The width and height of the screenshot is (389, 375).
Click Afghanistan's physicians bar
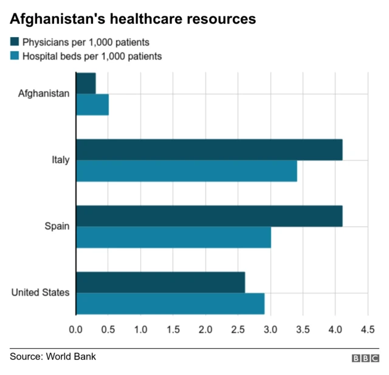click(86, 83)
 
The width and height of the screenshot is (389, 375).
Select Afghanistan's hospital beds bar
click(92, 105)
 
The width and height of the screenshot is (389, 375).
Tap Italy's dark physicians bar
click(209, 149)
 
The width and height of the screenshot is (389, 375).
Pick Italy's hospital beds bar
click(187, 171)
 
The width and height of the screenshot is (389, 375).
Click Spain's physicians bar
click(209, 216)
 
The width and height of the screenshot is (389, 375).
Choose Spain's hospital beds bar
click(173, 237)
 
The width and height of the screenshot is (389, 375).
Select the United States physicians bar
click(160, 282)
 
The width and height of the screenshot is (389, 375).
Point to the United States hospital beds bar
click(170, 304)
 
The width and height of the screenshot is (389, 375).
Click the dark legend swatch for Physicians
click(15, 42)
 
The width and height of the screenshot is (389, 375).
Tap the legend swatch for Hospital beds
click(15, 56)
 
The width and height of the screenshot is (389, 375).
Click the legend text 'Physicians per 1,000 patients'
click(86, 43)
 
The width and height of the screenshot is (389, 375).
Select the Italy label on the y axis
click(61, 161)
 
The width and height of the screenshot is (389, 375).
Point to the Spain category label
click(57, 226)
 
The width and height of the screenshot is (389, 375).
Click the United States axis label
click(40, 293)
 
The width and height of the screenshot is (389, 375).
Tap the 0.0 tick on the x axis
click(76, 329)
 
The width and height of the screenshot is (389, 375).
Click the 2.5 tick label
click(238, 329)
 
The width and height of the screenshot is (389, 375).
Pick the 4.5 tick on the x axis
click(367, 329)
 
